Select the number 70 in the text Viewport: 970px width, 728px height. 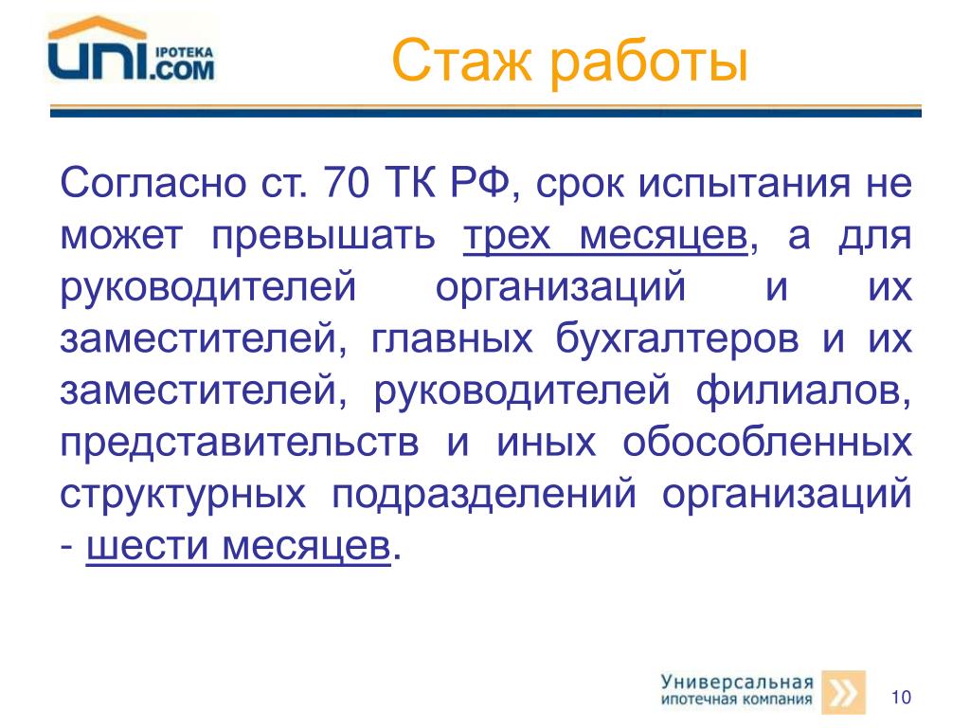pos(346,183)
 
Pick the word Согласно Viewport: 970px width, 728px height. pos(153,183)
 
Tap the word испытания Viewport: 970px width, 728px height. pos(745,185)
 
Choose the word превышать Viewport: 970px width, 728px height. pos(323,235)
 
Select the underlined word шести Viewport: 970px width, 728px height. pos(147,545)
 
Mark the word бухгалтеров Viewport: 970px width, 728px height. pos(676,340)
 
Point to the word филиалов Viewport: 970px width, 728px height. pos(803,391)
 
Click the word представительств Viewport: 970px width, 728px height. pos(240,445)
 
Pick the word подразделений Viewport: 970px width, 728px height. pos(484,496)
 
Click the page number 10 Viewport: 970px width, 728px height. pos(901,697)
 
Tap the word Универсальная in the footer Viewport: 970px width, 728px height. pos(737,682)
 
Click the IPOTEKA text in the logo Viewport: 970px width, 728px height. pos(184,53)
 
